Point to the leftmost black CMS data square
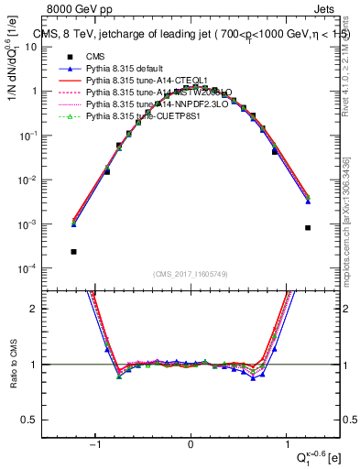(x=73, y=251)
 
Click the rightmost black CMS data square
(x=309, y=227)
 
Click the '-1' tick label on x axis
(x=95, y=444)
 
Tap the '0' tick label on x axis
(x=191, y=444)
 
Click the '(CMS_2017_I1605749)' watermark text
(x=191, y=274)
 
